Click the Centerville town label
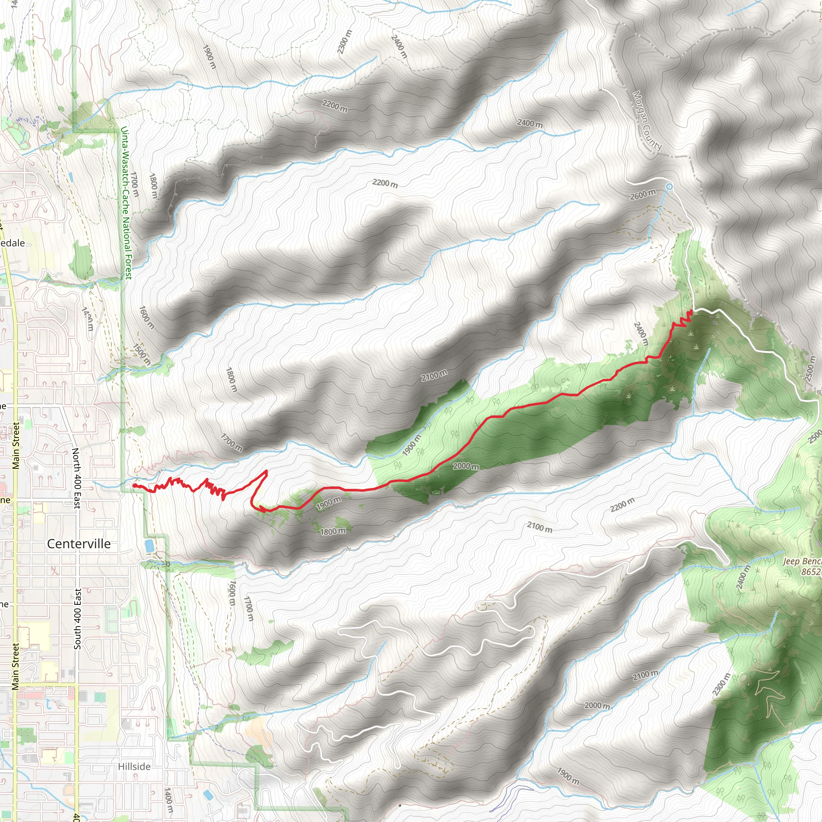click(79, 544)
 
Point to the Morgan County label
click(647, 121)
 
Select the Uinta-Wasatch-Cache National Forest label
click(126, 203)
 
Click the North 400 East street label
click(76, 478)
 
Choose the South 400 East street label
click(77, 619)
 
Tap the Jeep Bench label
click(802, 561)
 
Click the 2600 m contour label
click(643, 194)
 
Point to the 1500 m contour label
click(142, 354)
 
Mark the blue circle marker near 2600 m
click(669, 186)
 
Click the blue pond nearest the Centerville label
click(149, 546)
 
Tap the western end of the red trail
click(134, 485)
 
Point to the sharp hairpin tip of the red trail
click(267, 470)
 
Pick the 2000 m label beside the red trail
click(466, 466)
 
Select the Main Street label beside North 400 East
click(16, 446)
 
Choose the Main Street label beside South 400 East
click(16, 666)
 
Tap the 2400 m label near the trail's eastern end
click(641, 334)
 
